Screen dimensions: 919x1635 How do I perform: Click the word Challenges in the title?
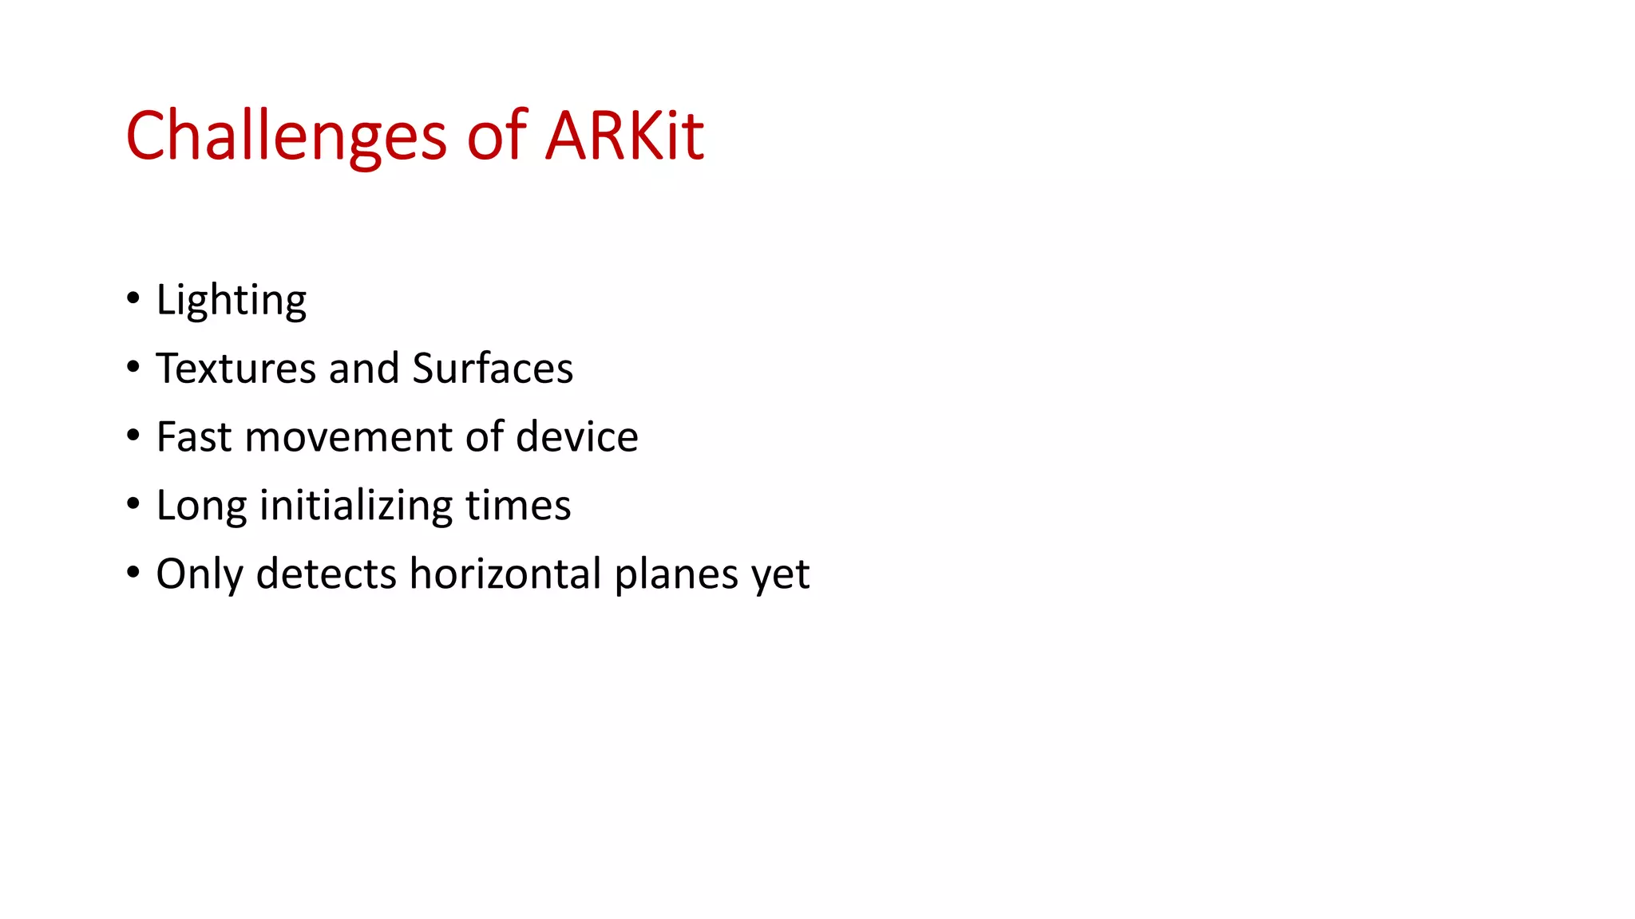(x=285, y=136)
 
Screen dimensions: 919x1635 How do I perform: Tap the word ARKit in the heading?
(x=624, y=136)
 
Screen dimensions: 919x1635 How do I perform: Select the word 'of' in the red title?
(x=496, y=136)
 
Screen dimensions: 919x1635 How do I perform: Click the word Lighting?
(x=231, y=301)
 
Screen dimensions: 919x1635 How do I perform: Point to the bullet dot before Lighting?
(x=133, y=299)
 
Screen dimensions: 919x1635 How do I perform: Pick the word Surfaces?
(x=493, y=369)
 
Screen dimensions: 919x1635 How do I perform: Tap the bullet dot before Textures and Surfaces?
(x=133, y=368)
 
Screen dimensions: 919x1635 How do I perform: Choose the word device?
(x=576, y=437)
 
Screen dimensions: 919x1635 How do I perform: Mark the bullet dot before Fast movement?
(x=133, y=436)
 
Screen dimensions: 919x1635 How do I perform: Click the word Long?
(x=201, y=507)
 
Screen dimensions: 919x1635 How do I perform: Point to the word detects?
(x=326, y=574)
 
